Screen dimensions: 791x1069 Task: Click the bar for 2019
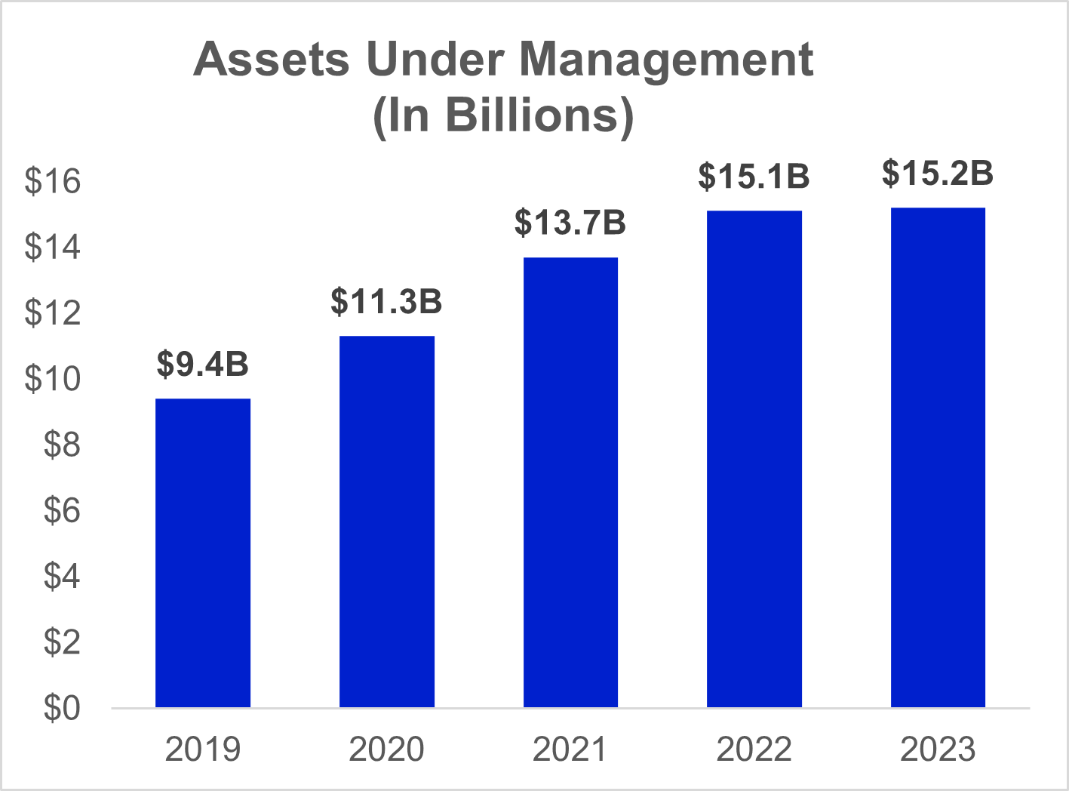point(203,552)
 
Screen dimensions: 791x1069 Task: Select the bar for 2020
point(386,521)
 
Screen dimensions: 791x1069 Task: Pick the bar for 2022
point(754,458)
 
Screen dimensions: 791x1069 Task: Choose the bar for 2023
point(938,457)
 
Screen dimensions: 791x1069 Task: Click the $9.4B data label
point(203,364)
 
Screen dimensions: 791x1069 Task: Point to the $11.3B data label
point(386,301)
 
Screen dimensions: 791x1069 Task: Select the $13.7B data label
point(570,223)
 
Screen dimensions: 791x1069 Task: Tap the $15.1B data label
point(754,176)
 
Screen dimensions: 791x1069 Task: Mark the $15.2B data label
point(938,173)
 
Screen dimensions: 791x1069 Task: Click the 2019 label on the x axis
point(203,749)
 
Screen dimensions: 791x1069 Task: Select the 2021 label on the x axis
point(570,749)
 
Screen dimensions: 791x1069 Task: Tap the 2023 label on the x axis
point(938,749)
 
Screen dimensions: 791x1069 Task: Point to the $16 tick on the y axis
point(53,182)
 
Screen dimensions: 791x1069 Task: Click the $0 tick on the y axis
point(61,708)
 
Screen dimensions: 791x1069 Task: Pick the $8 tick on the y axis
point(61,445)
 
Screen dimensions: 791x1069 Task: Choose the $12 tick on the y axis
point(53,313)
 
